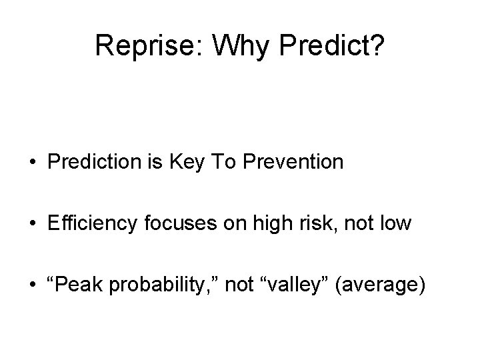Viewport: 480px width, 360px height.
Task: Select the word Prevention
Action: point(295,162)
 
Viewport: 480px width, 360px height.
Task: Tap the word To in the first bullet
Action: point(225,162)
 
